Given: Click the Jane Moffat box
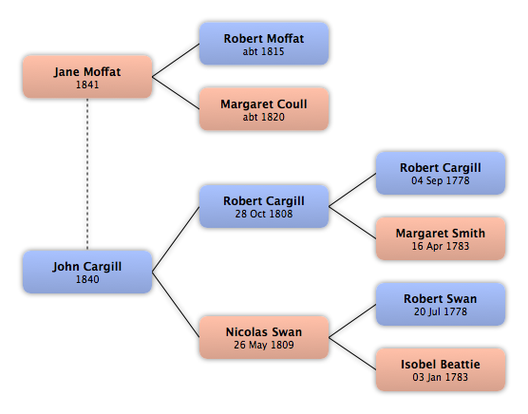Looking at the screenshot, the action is point(87,77).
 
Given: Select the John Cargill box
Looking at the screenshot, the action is point(87,272).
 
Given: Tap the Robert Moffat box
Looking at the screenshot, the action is point(264,44).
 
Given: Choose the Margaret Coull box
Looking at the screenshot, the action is point(264,109).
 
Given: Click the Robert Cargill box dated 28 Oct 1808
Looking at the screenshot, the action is point(264,206).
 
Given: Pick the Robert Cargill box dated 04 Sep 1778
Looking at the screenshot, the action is point(441,173).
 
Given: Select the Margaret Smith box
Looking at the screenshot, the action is point(441,238).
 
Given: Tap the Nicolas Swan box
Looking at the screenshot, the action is point(264,337).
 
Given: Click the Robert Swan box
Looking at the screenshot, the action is point(441,304).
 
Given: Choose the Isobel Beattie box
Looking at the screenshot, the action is point(441,369).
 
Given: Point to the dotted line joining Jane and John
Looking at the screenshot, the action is point(87,174).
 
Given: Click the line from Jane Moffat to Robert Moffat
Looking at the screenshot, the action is point(176,60).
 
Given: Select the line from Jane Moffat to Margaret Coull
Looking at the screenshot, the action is point(176,93).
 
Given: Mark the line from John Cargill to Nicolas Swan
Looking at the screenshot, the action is point(176,305).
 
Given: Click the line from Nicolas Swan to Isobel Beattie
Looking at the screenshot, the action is point(352,353).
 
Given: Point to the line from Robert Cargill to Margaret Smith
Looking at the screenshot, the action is point(352,222).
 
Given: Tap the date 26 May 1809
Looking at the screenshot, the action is point(264,345).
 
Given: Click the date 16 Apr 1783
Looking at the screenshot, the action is point(441,246).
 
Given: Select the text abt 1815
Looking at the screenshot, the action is point(264,51).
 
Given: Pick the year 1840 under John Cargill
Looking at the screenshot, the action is point(87,279).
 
